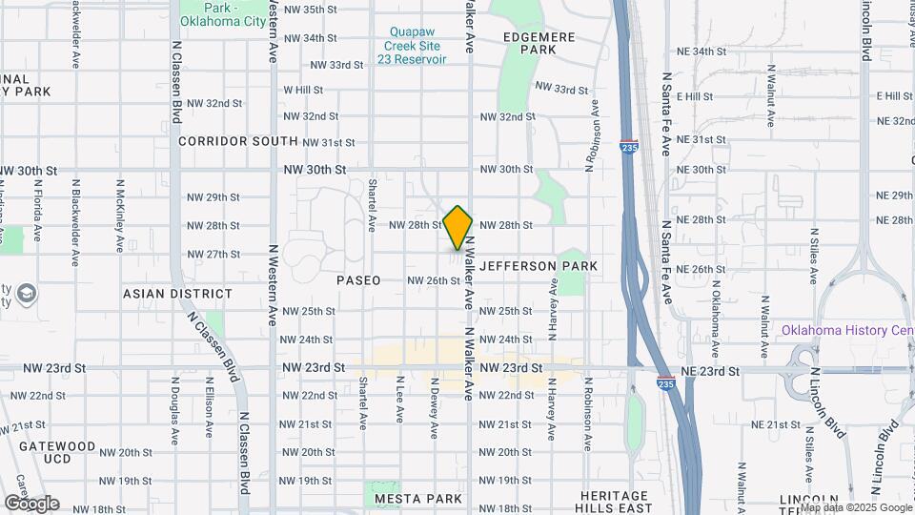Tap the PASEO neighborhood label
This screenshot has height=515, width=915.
tap(358, 280)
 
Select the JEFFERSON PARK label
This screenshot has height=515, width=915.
tap(539, 266)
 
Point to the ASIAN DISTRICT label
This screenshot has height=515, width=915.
tap(177, 295)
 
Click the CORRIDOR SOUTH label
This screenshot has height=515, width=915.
tap(238, 141)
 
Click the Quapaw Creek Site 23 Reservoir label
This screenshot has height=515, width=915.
tap(412, 45)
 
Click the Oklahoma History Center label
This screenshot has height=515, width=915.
tap(846, 331)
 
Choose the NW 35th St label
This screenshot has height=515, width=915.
tap(318, 10)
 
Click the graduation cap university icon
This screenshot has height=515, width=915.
tap(25, 292)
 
